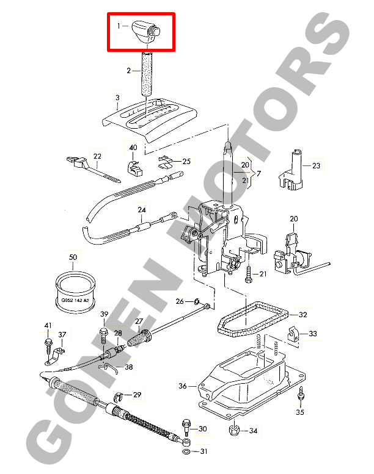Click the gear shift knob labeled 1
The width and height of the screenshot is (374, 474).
(x=145, y=32)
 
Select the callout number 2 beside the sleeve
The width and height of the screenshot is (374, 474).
(x=129, y=70)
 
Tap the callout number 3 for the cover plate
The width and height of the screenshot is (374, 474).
(x=117, y=98)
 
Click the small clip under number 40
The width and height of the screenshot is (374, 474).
(x=134, y=169)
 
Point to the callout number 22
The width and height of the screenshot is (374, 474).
(x=97, y=156)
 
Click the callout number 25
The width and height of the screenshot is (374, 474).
(x=186, y=162)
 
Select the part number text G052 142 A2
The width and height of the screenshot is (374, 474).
(x=75, y=300)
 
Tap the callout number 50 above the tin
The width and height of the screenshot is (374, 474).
(x=73, y=257)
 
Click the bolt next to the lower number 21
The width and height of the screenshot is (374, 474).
(x=249, y=275)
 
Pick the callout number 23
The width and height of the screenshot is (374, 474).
(x=316, y=166)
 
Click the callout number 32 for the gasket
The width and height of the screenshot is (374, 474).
(x=303, y=315)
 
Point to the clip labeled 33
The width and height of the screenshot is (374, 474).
(x=293, y=334)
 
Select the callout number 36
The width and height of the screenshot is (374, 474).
(x=183, y=386)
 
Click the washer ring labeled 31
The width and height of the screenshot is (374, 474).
(x=186, y=452)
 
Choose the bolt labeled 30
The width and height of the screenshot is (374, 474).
(x=186, y=427)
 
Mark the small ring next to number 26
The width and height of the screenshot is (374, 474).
(x=197, y=301)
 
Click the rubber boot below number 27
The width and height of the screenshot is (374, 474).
(x=139, y=338)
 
